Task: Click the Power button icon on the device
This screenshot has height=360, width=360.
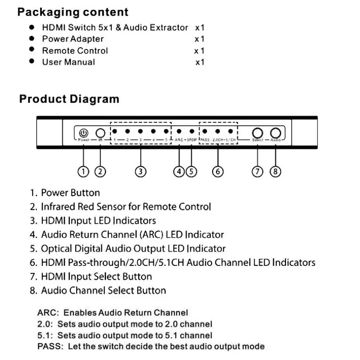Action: point(83,133)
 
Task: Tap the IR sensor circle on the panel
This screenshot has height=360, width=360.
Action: point(100,133)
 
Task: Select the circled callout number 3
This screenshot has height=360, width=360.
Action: point(140,171)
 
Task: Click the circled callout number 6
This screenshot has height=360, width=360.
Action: point(217,171)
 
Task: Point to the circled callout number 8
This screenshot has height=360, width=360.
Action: point(275,171)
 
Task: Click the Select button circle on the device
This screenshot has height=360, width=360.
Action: point(258,133)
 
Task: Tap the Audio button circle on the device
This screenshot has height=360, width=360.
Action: point(275,133)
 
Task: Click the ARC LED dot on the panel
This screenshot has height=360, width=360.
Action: point(179,132)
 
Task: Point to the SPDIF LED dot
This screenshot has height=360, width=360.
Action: point(192,132)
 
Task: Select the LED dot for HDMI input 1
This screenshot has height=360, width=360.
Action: point(115,132)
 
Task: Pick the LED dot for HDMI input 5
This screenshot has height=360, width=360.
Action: point(166,132)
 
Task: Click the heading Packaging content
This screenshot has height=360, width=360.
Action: point(73,12)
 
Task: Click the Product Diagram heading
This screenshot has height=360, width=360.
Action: point(69,99)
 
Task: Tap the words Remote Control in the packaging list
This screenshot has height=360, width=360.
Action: point(75,50)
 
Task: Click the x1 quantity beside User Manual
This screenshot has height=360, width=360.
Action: point(200,62)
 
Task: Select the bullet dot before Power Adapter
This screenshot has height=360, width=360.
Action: point(32,39)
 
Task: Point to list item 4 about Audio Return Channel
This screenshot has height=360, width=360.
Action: point(127,235)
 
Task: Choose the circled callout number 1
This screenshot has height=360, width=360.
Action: point(83,171)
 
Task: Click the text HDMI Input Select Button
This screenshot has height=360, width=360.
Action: point(96,277)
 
